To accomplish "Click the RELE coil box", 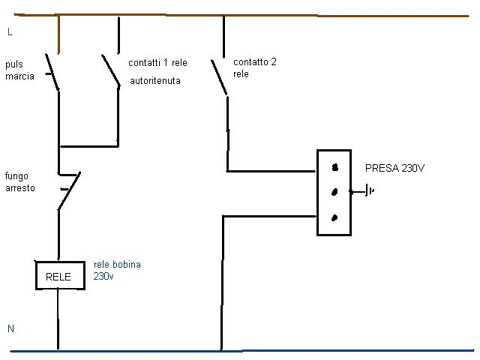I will (x=58, y=275).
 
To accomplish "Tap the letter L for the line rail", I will (x=9, y=32).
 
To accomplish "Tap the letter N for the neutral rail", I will (x=10, y=329).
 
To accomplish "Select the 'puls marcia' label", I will (x=19, y=70).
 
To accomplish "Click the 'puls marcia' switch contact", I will (x=53, y=72).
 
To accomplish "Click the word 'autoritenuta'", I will (x=159, y=79).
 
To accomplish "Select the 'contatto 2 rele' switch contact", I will (x=220, y=76).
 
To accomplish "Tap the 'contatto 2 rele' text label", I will (x=255, y=67).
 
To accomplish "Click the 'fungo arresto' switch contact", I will (x=68, y=191).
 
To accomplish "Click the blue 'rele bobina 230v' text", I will (x=117, y=270).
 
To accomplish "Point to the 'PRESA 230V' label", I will (x=394, y=167).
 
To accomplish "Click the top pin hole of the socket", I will (x=335, y=167).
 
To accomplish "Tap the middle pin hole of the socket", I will (x=334, y=192).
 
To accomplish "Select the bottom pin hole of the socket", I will (x=334, y=217).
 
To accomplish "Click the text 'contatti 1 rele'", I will (x=157, y=62).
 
